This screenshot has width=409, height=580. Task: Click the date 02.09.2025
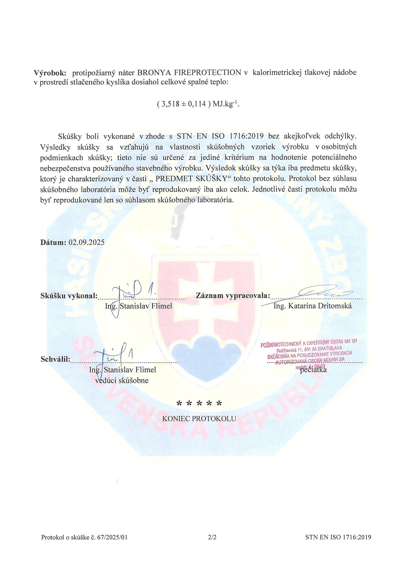tap(87, 242)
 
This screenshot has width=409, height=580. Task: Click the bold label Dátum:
tap(53, 242)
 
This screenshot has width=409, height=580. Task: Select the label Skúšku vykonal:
tap(69, 296)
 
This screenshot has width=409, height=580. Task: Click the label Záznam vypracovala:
tap(233, 295)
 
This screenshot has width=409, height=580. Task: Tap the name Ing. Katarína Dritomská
tap(313, 306)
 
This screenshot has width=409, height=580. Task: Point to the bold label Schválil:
tap(55, 359)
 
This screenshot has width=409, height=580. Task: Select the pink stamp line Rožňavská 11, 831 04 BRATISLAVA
tap(309, 349)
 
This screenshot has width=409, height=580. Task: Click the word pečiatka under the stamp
tap(313, 370)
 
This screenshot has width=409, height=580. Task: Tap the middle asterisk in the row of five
tap(200, 404)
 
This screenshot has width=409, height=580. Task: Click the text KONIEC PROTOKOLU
tap(199, 419)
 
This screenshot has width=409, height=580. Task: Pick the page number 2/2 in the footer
tap(212, 537)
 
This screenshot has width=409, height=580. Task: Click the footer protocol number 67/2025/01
tap(112, 537)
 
